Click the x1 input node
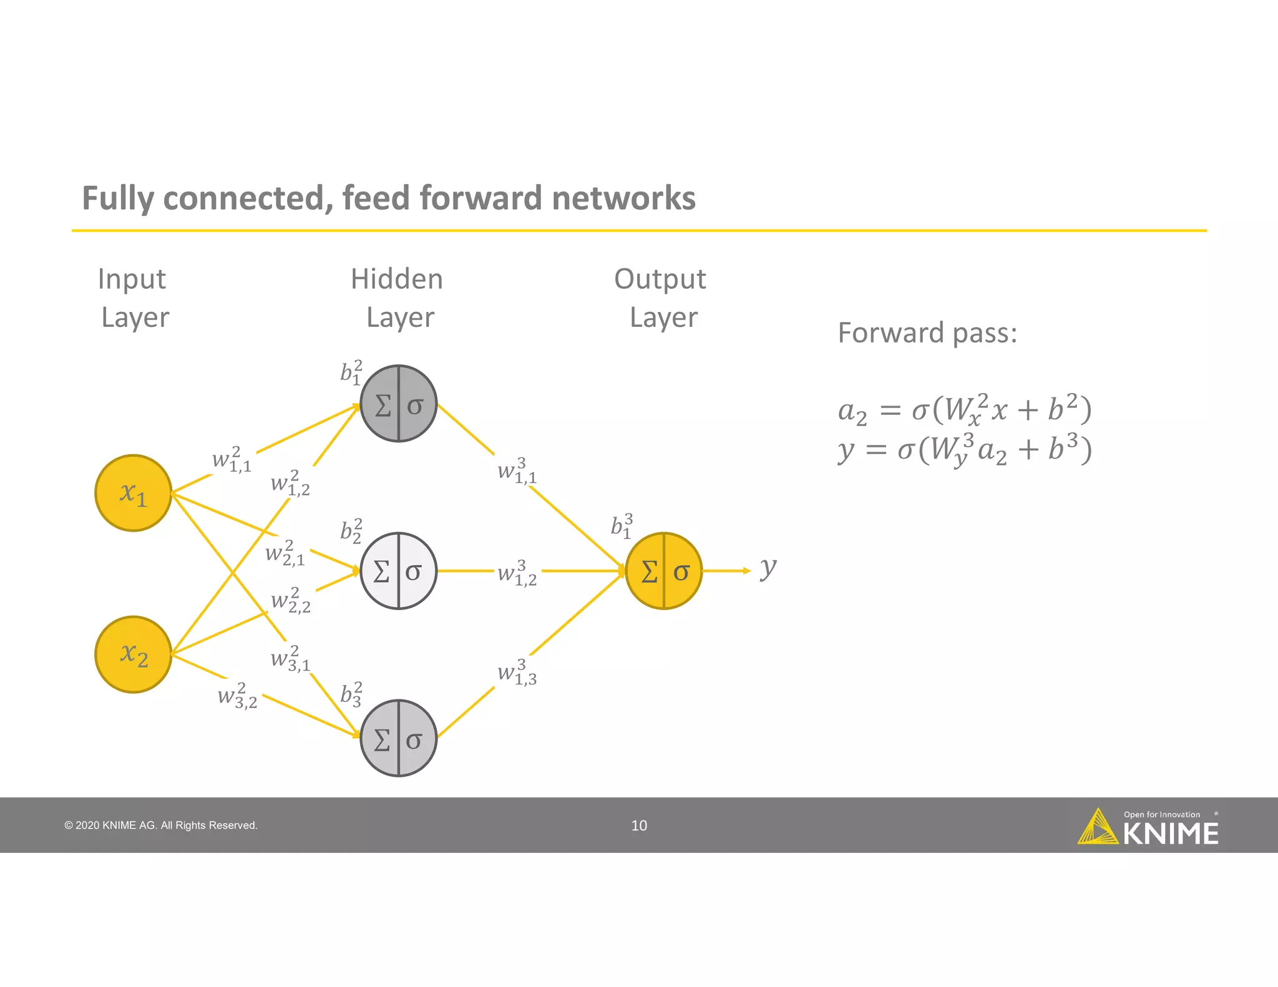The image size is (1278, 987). [x=133, y=493]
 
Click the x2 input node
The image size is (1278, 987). [x=133, y=654]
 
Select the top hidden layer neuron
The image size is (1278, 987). [x=399, y=404]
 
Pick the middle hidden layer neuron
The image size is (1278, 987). [x=399, y=571]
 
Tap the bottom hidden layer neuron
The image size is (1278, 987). [x=399, y=738]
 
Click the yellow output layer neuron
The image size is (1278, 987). [x=664, y=571]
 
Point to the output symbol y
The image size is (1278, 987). [x=768, y=568]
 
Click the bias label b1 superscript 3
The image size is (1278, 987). [x=622, y=526]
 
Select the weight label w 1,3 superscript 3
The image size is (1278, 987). [x=517, y=673]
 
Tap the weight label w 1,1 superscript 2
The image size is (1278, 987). [x=232, y=460]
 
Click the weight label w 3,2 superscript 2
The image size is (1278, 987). [x=237, y=696]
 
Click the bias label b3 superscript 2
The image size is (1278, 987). [x=351, y=694]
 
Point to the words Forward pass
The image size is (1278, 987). [x=927, y=333]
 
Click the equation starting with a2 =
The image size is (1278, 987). [x=964, y=410]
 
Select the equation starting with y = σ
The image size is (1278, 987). [x=964, y=450]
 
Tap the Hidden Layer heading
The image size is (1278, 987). [x=398, y=298]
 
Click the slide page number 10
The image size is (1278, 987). [x=639, y=825]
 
